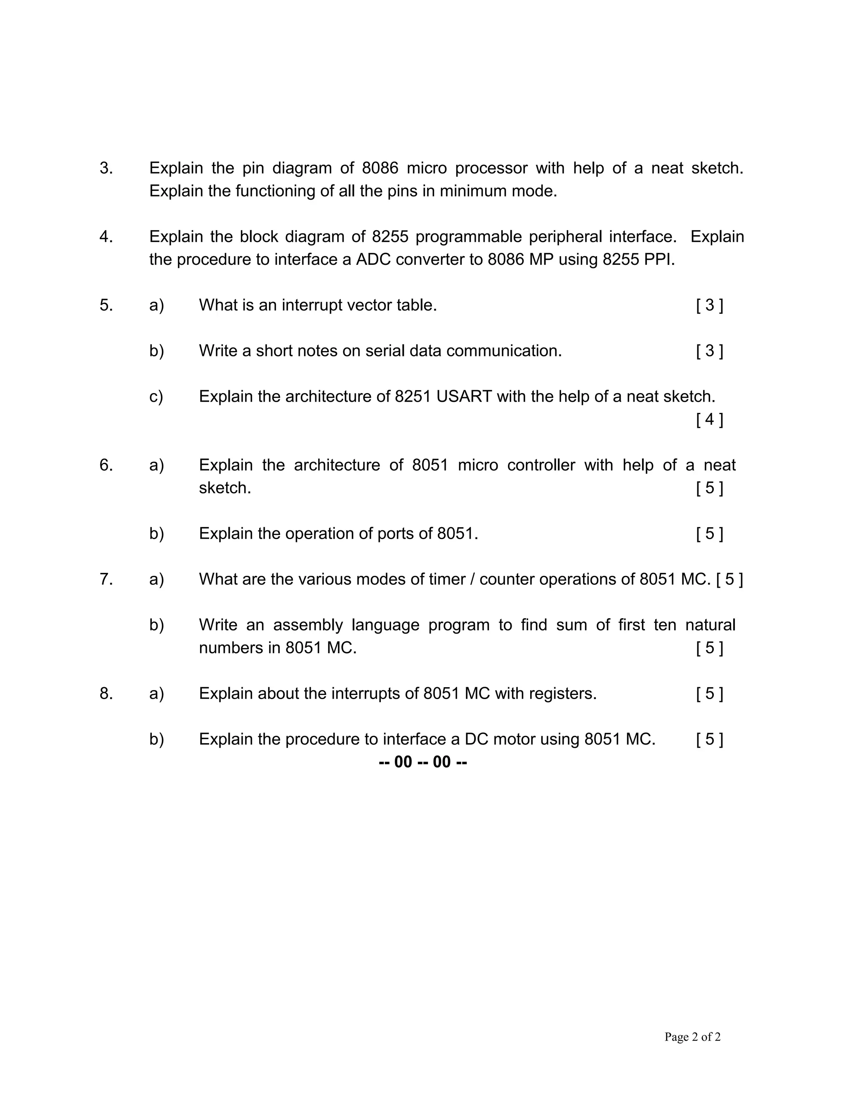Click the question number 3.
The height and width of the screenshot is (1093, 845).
pos(106,168)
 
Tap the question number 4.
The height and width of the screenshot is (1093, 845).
pos(106,237)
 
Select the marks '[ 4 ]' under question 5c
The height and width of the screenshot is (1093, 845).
pos(709,419)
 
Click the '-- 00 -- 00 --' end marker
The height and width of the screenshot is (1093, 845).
pos(423,762)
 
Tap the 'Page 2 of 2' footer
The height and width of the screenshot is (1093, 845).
pos(692,1036)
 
